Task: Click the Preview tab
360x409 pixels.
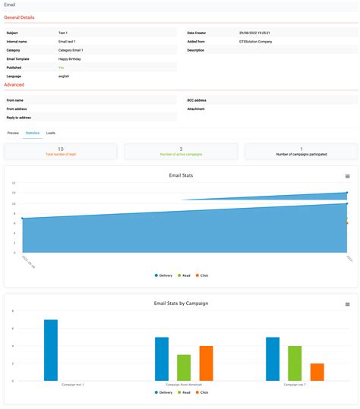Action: click(13, 133)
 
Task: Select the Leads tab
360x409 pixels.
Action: click(51, 133)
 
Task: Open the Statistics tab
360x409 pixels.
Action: click(32, 133)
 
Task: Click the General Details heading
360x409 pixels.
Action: click(19, 17)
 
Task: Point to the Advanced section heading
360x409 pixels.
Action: click(14, 85)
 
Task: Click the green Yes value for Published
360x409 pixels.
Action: click(62, 67)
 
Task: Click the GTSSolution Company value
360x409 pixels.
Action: click(255, 42)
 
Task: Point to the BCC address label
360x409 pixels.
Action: click(197, 100)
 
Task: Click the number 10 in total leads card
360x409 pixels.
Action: click(61, 149)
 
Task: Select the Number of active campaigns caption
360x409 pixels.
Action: click(180, 155)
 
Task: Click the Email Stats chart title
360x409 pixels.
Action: click(180, 175)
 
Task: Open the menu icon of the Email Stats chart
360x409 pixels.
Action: click(348, 176)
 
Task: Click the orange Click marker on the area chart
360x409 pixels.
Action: click(347, 223)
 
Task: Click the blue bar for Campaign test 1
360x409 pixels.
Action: click(51, 350)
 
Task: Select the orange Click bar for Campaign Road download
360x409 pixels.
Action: click(206, 363)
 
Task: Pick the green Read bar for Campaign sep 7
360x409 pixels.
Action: click(295, 363)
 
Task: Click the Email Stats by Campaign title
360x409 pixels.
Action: click(180, 304)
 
